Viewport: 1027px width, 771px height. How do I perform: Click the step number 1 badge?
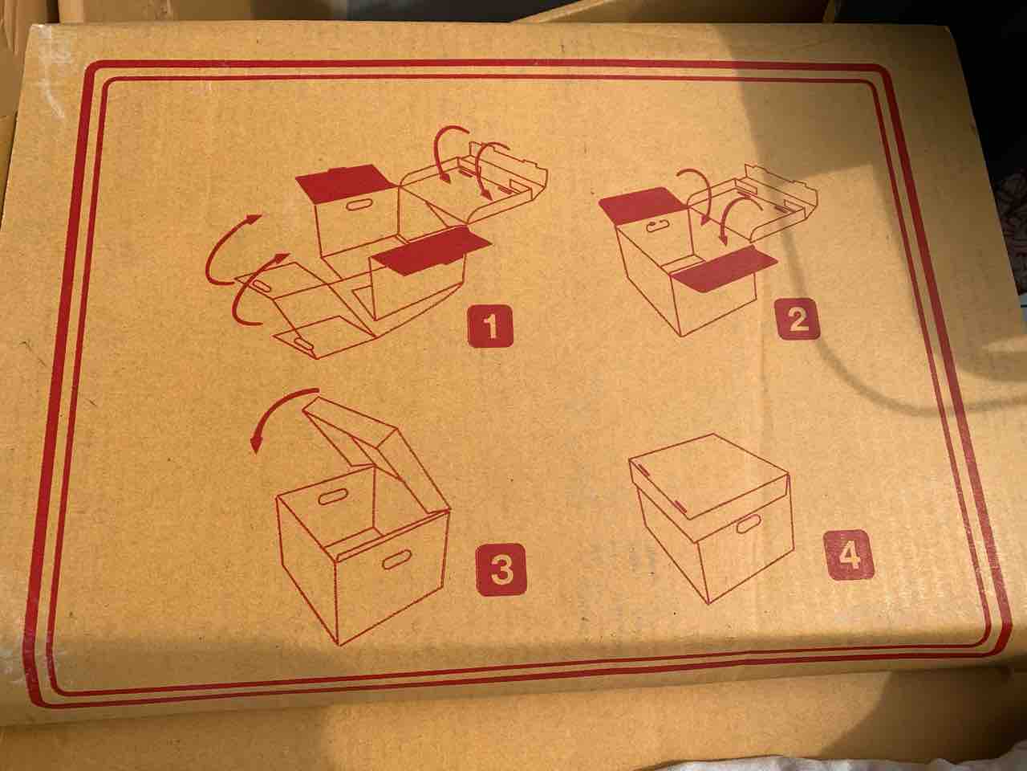click(490, 326)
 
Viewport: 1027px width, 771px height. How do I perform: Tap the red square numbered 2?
click(798, 319)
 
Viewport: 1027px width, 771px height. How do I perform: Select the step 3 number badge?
click(501, 569)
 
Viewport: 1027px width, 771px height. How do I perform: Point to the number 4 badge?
click(849, 554)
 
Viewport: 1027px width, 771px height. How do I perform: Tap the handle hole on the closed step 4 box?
click(748, 524)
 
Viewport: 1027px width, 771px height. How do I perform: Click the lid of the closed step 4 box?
click(708, 478)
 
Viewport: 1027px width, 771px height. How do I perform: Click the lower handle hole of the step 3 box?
click(396, 560)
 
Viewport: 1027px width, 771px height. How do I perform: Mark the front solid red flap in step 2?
click(723, 267)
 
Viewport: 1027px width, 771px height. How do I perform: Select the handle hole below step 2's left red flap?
click(658, 227)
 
